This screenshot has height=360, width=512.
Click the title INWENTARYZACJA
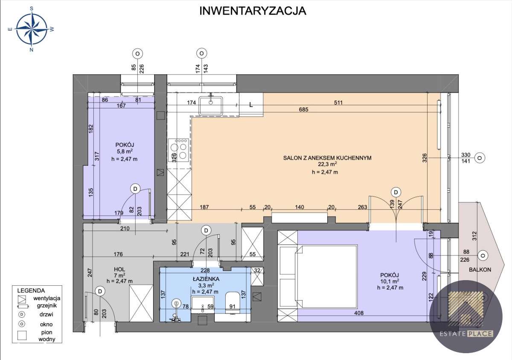tap(253, 11)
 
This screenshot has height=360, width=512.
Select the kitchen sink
tap(211, 104)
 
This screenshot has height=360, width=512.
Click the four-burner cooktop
tap(179, 151)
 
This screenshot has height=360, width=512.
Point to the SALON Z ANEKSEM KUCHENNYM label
tap(327, 158)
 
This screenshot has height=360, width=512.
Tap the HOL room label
tap(119, 269)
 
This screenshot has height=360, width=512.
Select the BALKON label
tap(480, 269)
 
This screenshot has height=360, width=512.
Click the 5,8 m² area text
tap(124, 151)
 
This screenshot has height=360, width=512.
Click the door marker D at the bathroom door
tap(206, 231)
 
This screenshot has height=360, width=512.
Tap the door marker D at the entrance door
tap(100, 291)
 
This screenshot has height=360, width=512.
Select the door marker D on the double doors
tap(396, 192)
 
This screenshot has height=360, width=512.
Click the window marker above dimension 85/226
tap(137, 54)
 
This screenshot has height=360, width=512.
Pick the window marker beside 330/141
tap(480, 158)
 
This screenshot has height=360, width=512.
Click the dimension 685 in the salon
tap(304, 110)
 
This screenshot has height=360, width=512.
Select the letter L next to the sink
tap(251, 104)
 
